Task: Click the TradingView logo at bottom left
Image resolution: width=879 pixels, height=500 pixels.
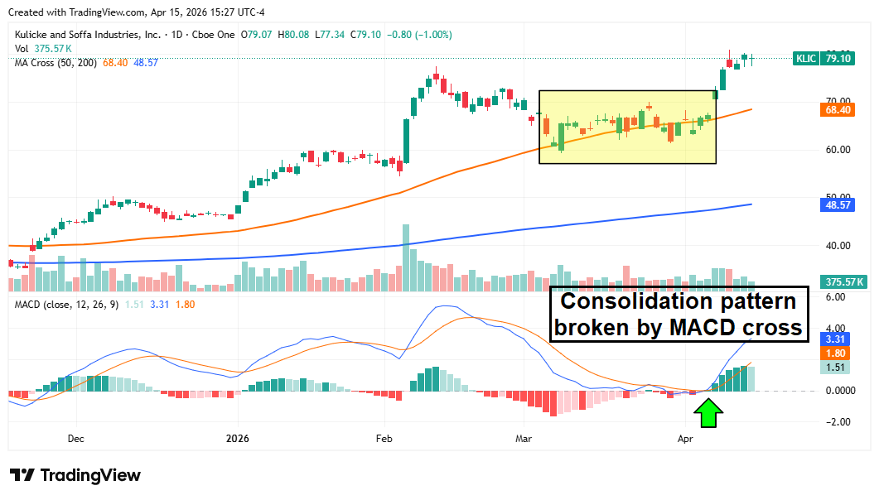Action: (x=75, y=475)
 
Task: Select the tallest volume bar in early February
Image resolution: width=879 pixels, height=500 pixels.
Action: (x=406, y=257)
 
